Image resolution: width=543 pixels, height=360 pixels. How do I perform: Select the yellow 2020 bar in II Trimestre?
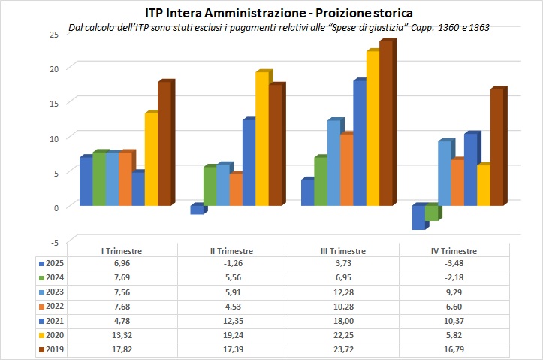click(261, 139)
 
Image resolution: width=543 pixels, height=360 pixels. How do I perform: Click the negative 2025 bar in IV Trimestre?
click(418, 217)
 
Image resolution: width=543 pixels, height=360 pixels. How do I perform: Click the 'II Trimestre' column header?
click(231, 251)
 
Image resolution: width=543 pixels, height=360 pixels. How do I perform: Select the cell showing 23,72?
click(341, 350)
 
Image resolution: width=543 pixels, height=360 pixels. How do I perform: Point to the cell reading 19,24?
click(231, 336)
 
